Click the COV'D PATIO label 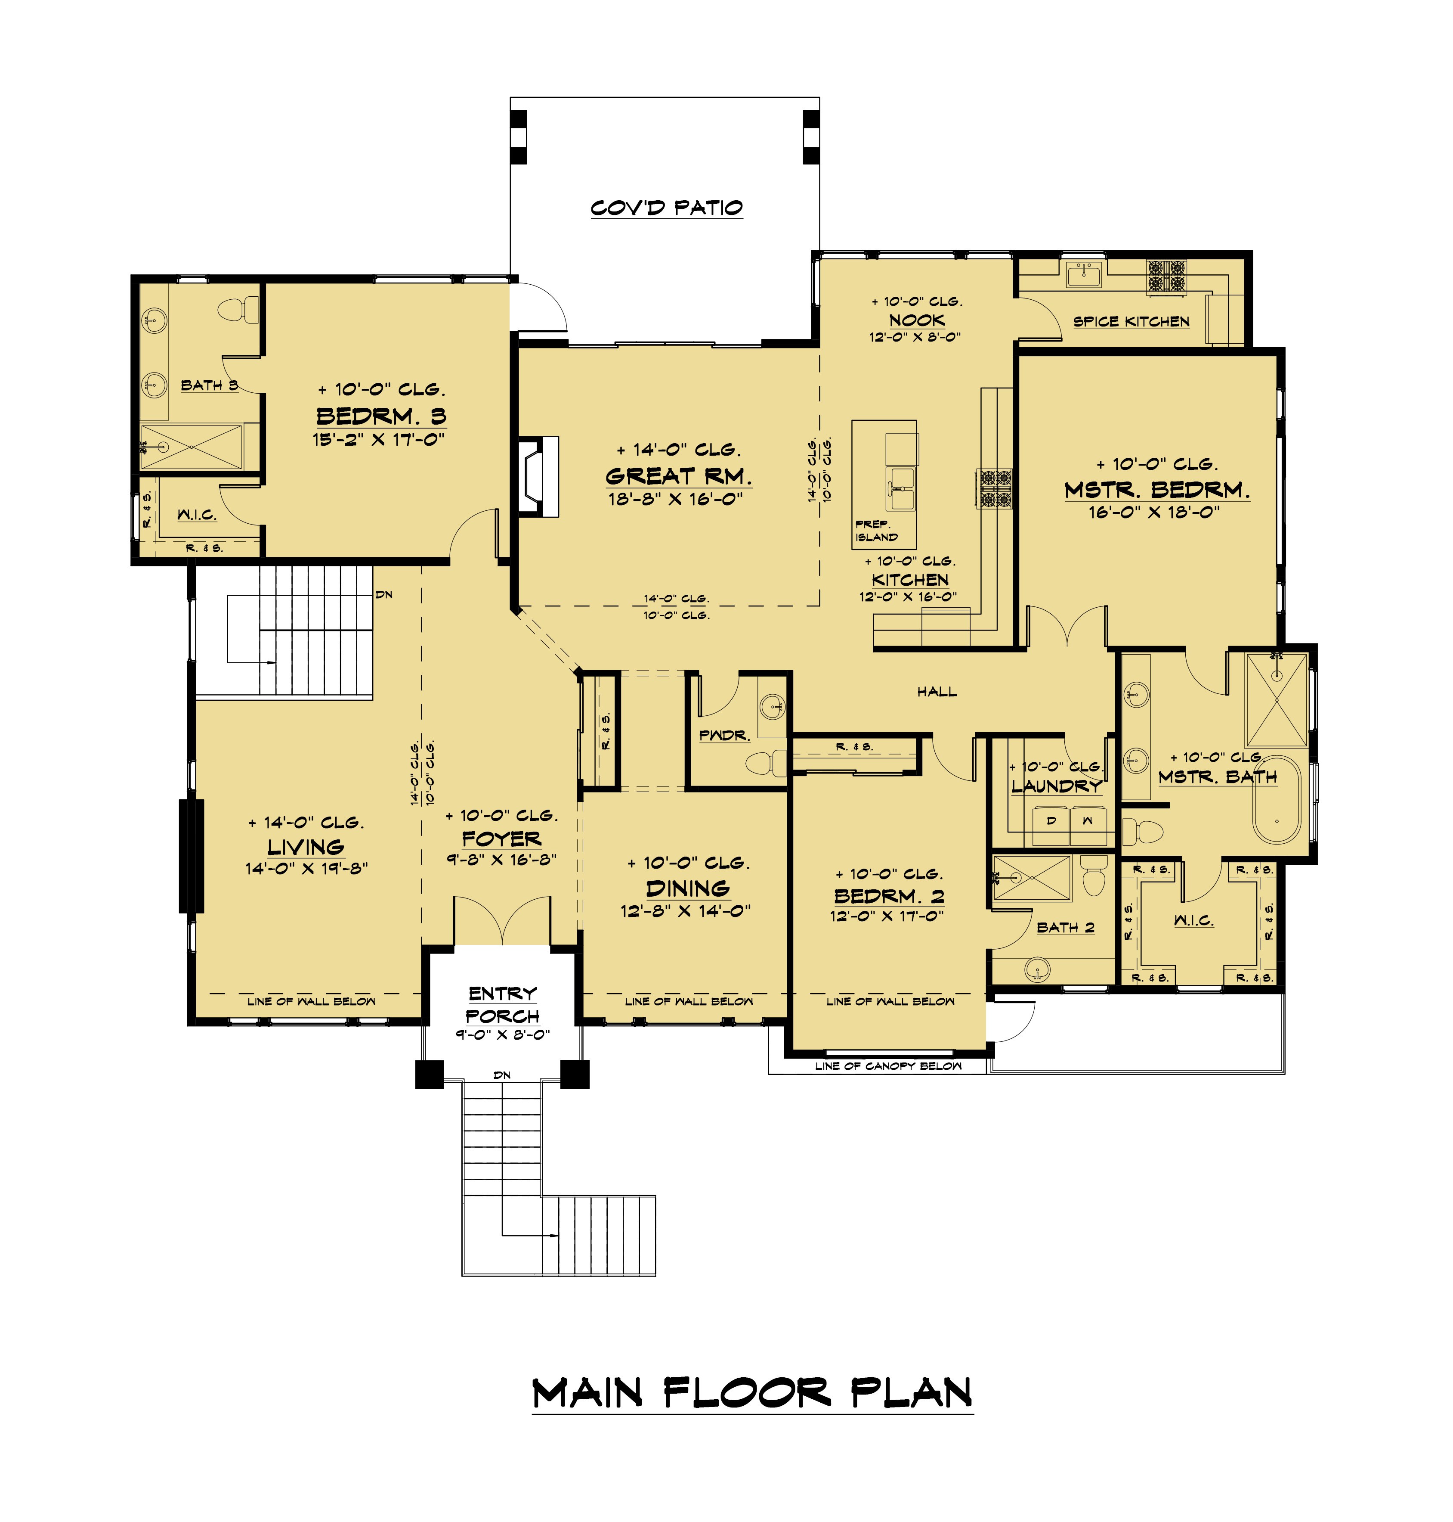[x=667, y=208]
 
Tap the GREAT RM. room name [x=678, y=476]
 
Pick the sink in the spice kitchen [x=1084, y=274]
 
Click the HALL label [x=937, y=691]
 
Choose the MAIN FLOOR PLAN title [x=752, y=1393]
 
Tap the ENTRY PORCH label [x=503, y=1004]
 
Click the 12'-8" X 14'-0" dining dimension [x=686, y=911]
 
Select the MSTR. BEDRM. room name [x=1157, y=490]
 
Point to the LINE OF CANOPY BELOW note [x=888, y=1066]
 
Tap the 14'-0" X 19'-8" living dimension [x=306, y=868]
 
